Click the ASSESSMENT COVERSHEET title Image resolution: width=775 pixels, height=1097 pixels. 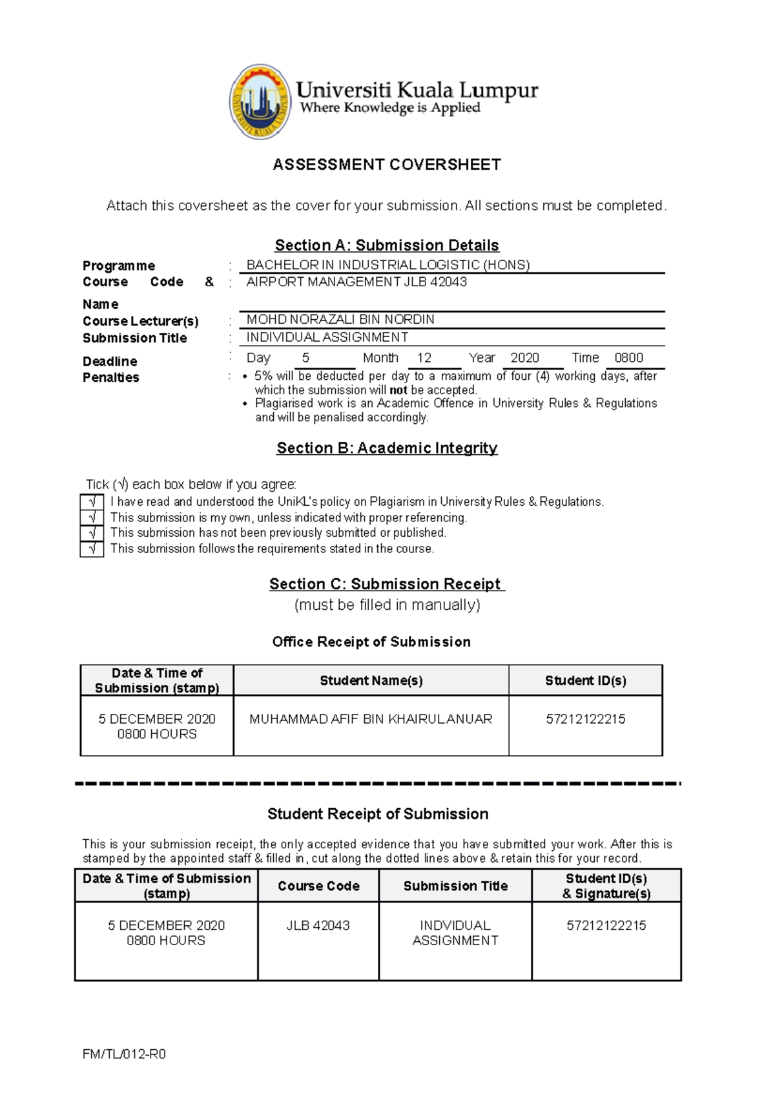point(387,165)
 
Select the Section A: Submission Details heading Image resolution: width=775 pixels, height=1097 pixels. point(387,246)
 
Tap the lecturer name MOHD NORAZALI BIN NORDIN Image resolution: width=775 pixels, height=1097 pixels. point(340,320)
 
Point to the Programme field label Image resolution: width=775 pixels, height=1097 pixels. point(119,266)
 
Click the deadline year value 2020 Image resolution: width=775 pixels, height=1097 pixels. point(524,358)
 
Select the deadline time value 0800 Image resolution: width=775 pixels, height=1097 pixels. point(628,358)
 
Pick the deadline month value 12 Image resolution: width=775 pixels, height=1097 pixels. point(424,358)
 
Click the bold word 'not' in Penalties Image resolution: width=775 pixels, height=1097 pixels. point(398,390)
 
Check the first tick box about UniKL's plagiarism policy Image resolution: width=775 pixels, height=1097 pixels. point(92,502)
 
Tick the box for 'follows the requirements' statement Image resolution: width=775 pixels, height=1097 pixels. point(92,549)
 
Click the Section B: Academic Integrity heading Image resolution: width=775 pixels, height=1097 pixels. point(387,448)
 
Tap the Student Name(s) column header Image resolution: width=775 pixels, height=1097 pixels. point(371,680)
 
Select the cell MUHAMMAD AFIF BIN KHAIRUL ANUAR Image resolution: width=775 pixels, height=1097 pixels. point(371,719)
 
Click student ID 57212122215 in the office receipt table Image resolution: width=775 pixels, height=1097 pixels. point(585,719)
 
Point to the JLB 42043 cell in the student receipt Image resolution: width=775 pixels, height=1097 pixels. point(318,925)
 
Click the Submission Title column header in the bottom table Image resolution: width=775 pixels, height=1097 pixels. point(455,886)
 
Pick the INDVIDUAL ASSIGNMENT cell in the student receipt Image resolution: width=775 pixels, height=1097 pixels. point(455,933)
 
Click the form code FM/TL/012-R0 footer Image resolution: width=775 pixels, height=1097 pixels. point(124,1054)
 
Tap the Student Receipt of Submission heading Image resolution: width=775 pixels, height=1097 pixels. point(378,814)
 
